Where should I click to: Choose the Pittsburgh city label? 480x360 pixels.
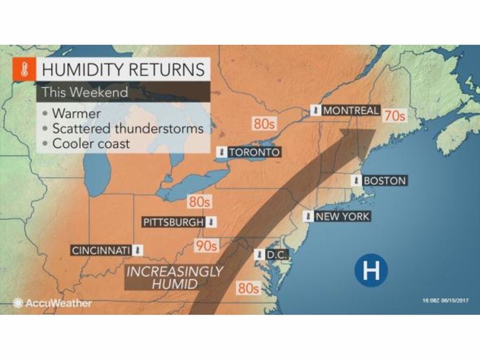pyautogui.click(x=173, y=222)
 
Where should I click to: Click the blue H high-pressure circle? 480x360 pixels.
pyautogui.click(x=370, y=271)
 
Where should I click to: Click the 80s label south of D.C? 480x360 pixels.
pyautogui.click(x=247, y=287)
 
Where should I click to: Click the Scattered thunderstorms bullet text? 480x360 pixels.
pyautogui.click(x=127, y=128)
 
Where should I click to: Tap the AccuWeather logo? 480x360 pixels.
pyautogui.click(x=53, y=303)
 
